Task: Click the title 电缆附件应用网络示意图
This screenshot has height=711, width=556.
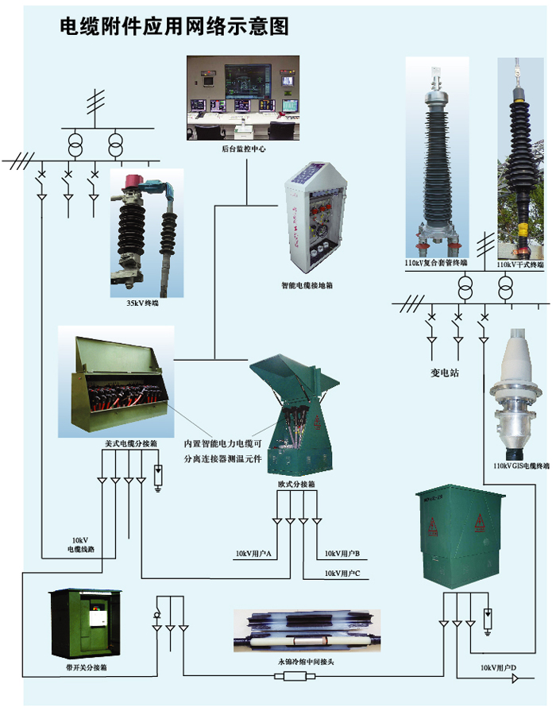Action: [x=174, y=26]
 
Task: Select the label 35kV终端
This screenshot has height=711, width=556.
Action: [x=143, y=303]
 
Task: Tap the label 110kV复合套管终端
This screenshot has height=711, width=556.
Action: [x=436, y=263]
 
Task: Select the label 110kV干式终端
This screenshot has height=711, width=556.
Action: [x=521, y=263]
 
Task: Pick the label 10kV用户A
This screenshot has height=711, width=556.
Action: [x=254, y=552]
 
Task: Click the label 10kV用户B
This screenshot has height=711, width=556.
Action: [x=342, y=552]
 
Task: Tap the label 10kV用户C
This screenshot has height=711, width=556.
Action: [x=342, y=573]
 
